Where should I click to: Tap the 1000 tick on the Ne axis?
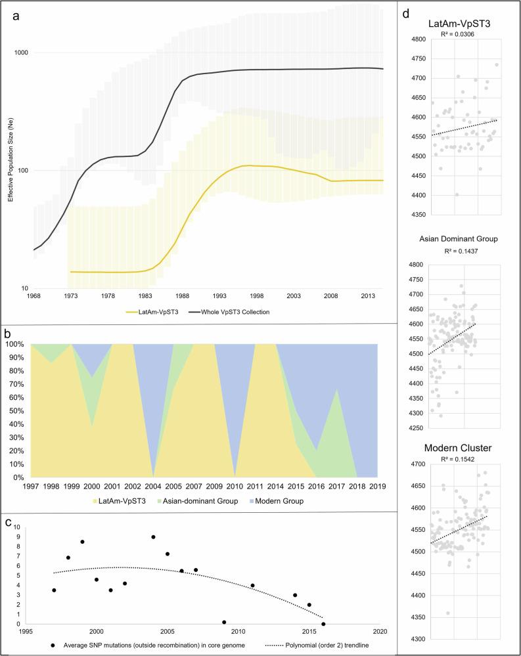coord(22,53)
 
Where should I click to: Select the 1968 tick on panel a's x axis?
coord(33,296)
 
